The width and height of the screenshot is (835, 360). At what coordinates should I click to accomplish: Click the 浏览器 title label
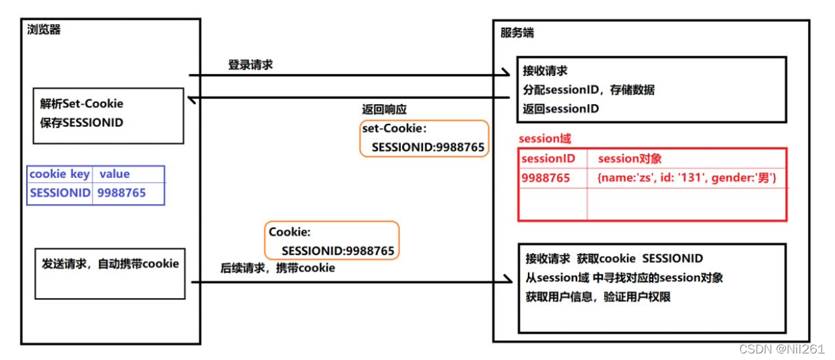click(44, 30)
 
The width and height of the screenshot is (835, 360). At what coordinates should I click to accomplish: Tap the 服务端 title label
click(517, 32)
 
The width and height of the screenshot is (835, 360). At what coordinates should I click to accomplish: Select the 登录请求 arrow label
click(251, 65)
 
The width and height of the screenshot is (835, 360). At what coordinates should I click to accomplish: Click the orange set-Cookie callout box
click(424, 138)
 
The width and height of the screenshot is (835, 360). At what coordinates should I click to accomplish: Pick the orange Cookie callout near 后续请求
click(332, 241)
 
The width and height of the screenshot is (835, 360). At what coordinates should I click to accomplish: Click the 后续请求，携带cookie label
click(278, 268)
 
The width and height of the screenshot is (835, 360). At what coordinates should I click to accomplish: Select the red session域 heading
click(544, 139)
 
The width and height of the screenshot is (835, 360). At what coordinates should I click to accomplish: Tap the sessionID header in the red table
click(548, 159)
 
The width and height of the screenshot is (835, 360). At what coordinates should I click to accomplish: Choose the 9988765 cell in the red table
click(546, 178)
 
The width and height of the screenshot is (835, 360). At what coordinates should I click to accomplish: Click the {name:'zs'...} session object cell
click(687, 178)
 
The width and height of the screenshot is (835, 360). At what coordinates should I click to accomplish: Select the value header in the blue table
click(115, 174)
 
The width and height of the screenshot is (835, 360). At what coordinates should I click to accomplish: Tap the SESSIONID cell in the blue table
click(60, 193)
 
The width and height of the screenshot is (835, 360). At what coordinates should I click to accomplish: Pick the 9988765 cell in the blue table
click(122, 193)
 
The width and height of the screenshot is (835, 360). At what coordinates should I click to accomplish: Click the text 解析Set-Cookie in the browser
click(81, 104)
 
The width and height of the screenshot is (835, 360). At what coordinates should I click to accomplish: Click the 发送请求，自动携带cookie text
click(110, 264)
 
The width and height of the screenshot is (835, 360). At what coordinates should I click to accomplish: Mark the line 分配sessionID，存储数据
click(588, 90)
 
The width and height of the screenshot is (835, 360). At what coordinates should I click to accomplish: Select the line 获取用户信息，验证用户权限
click(598, 297)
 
